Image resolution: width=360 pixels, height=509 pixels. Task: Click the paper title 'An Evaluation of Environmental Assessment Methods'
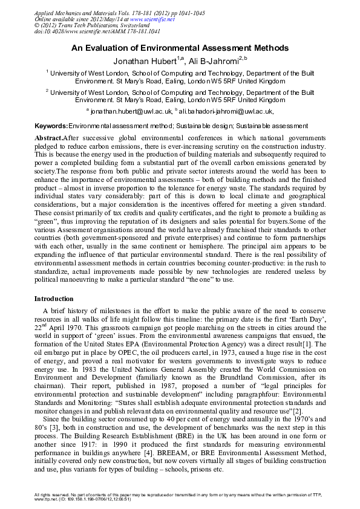coord(180,48)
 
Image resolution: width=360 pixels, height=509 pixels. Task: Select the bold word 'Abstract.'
coord(48,138)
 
